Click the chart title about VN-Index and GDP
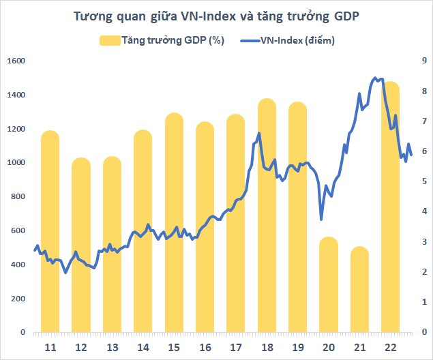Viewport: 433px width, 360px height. (x=216, y=16)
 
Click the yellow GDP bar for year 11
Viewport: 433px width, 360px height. (x=50, y=232)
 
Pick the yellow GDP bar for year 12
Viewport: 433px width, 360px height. (x=81, y=245)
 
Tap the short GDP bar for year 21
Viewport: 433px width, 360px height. (x=359, y=290)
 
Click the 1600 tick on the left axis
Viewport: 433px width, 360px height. (x=16, y=61)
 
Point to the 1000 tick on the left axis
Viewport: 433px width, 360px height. (x=16, y=162)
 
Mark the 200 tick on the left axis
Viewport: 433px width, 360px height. (x=18, y=299)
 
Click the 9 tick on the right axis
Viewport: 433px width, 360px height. (x=423, y=61)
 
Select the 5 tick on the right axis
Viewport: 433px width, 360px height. (x=423, y=181)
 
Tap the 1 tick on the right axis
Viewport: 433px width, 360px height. (x=423, y=302)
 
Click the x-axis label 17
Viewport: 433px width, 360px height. (x=236, y=348)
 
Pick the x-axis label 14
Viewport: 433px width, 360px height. (x=143, y=348)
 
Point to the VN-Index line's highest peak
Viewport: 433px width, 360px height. (x=375, y=78)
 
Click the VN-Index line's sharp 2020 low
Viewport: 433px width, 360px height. (x=321, y=219)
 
